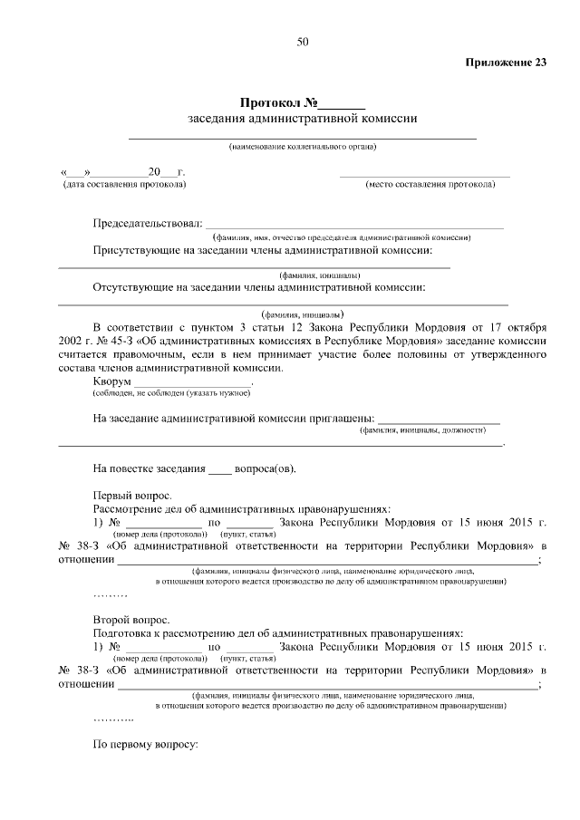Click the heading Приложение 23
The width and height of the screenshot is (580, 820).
point(506,63)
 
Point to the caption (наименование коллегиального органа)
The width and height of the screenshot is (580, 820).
point(302,147)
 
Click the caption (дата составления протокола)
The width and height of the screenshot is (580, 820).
point(123,184)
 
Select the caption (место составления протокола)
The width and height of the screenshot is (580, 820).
point(430,184)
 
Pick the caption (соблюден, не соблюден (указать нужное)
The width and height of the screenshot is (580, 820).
point(171,393)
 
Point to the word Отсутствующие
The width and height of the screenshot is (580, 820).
point(133,287)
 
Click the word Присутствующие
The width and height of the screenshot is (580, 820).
point(136,249)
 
